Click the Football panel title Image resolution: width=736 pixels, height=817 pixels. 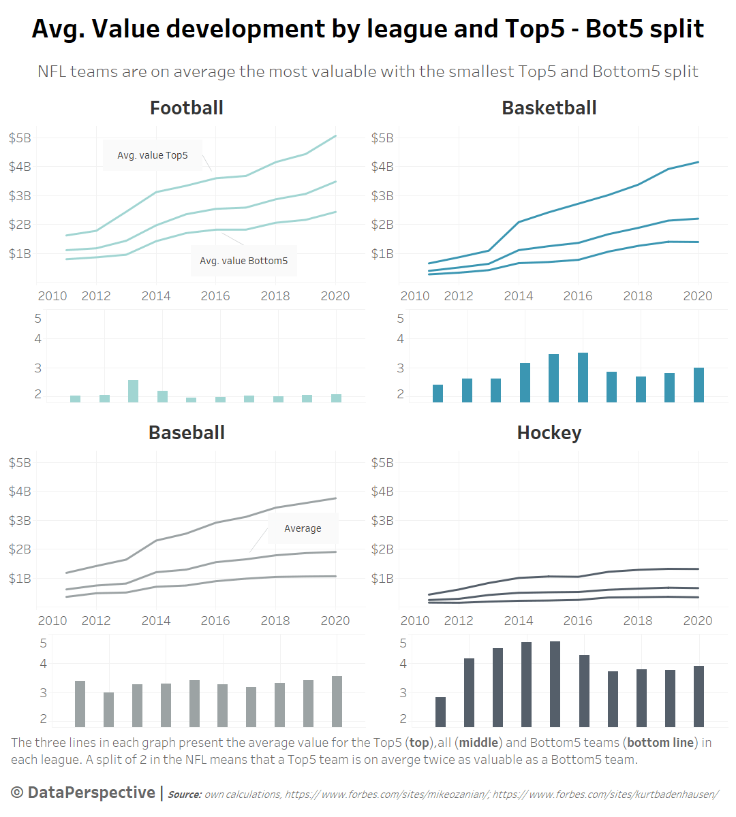coord(187,108)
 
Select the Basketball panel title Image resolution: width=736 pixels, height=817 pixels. coord(549,108)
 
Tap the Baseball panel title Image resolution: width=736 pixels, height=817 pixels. coord(187,433)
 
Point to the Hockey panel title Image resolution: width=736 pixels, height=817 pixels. coord(549,433)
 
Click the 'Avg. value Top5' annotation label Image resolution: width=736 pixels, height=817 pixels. coord(153,155)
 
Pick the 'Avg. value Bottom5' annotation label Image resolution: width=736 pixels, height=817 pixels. coord(243,261)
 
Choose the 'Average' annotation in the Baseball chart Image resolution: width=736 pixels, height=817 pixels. coord(303,528)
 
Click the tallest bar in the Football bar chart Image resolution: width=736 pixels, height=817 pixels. coord(133,391)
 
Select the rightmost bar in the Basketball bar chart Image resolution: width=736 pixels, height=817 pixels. coord(699,385)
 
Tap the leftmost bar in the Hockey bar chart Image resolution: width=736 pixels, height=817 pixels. coord(440,711)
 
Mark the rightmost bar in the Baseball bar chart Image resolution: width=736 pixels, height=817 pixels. coord(337,701)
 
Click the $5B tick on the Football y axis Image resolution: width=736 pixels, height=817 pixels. coord(20,138)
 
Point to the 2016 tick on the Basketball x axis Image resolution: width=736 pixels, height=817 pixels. coord(578,296)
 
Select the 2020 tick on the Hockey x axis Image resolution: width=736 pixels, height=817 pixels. coord(698,621)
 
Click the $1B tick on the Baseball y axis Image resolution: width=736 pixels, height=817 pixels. coord(20,579)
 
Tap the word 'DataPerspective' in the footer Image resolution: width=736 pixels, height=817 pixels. coord(91,792)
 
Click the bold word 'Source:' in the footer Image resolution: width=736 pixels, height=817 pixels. coord(185,795)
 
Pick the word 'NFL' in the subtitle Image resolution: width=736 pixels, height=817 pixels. coord(52,71)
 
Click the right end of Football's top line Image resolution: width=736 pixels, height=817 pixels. coord(336,136)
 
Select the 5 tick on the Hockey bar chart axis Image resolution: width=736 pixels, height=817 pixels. coord(403,643)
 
